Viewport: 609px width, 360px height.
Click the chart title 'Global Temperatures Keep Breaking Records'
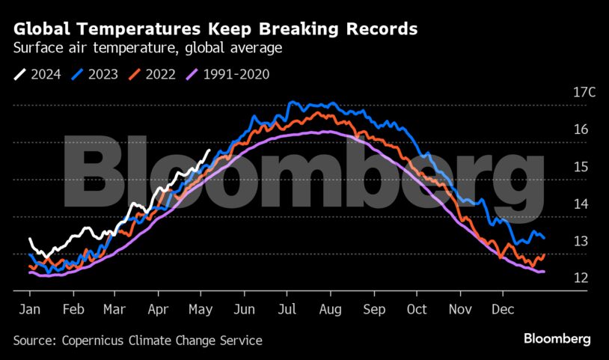(215, 30)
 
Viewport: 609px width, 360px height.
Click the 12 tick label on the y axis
(580, 278)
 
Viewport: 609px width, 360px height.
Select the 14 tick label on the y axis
(580, 204)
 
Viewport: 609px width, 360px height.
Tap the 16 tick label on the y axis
(580, 129)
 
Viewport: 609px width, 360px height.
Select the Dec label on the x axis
(503, 309)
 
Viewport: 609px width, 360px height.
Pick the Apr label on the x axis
(158, 309)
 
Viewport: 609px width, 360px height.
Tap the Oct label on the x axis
(417, 309)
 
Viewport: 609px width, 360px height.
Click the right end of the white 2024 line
(209, 150)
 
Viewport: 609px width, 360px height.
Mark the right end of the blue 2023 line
(544, 238)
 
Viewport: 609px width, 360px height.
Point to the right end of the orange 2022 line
(544, 255)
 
